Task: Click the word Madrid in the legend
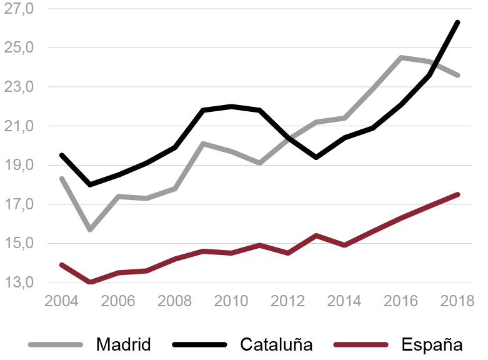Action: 123,344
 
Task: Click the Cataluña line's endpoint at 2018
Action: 459,22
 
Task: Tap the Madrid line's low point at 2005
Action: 90,230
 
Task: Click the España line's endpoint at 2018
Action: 459,194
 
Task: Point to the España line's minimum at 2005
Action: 90,282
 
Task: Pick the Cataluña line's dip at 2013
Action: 317,157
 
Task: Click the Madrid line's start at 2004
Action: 61,179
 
